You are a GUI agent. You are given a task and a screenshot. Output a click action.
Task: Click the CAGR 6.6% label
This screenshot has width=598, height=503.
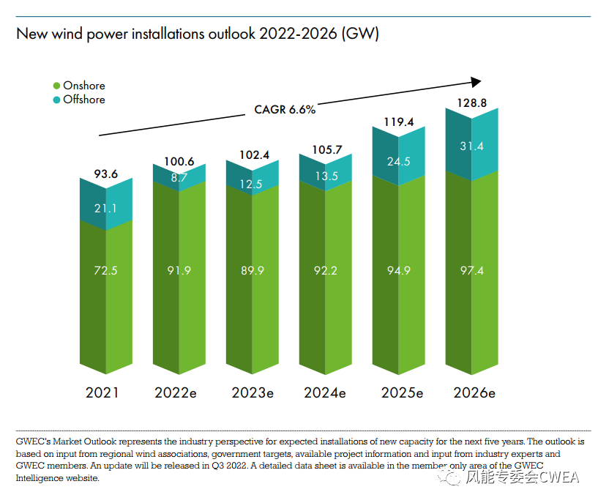pyautogui.click(x=285, y=110)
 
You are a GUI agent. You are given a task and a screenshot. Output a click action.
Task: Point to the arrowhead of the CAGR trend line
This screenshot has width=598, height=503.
pyautogui.click(x=476, y=82)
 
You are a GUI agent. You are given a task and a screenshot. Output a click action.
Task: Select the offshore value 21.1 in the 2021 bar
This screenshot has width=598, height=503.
pyautogui.click(x=106, y=209)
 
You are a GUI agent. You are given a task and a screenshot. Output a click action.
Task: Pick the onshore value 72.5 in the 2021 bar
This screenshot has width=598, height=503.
pyautogui.click(x=106, y=271)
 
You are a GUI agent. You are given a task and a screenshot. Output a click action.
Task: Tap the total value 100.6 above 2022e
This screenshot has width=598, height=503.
pyautogui.click(x=179, y=161)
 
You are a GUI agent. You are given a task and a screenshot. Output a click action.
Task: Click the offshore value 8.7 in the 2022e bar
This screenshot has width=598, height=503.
pyautogui.click(x=179, y=177)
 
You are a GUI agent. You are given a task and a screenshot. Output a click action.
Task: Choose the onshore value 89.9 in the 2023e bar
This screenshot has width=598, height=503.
pyautogui.click(x=253, y=271)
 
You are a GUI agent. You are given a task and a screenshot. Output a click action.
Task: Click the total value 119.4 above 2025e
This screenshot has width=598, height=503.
pyautogui.click(x=399, y=122)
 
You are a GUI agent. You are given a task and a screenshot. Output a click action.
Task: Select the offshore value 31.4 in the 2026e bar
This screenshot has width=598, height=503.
pyautogui.click(x=472, y=147)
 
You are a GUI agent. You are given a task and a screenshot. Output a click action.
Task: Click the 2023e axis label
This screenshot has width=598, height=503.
pyautogui.click(x=253, y=393)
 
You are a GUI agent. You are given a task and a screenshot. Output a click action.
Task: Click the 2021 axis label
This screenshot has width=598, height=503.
pyautogui.click(x=102, y=393)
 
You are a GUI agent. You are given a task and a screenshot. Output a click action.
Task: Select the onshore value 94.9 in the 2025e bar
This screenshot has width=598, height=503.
pyautogui.click(x=399, y=271)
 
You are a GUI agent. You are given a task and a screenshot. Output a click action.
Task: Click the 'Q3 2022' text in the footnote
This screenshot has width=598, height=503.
pyautogui.click(x=220, y=466)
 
